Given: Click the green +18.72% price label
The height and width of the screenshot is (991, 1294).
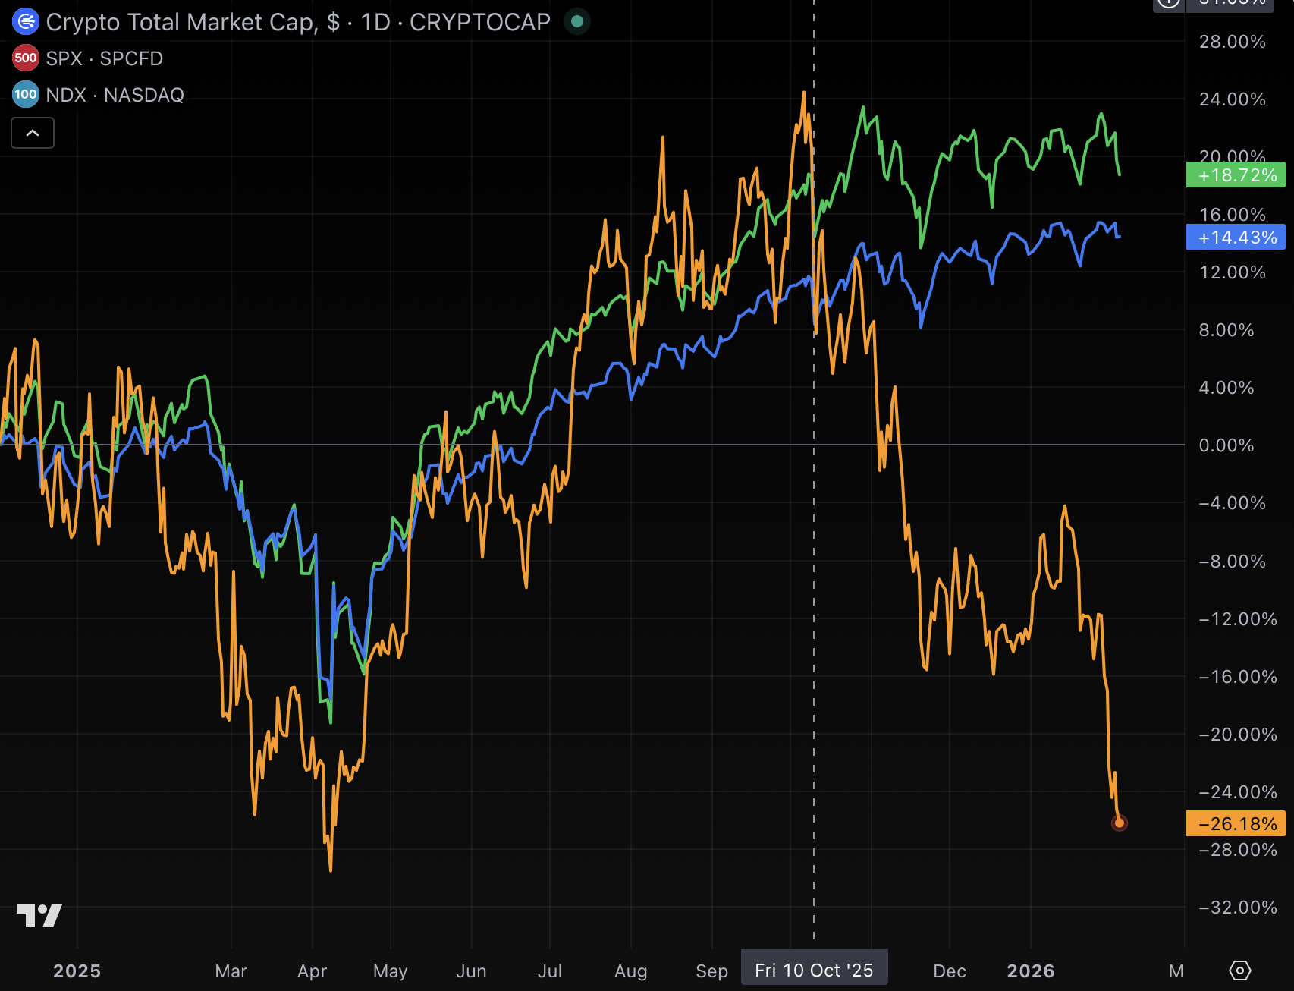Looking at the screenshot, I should pyautogui.click(x=1236, y=175).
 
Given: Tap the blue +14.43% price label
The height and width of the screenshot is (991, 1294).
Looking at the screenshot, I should pyautogui.click(x=1236, y=238).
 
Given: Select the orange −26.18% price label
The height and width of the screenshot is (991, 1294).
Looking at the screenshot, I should pyautogui.click(x=1236, y=823).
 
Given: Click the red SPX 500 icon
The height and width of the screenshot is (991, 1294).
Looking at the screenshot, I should pyautogui.click(x=26, y=58).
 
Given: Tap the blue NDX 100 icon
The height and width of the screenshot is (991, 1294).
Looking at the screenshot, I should pyautogui.click(x=26, y=95).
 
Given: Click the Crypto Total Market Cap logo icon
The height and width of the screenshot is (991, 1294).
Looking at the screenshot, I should pyautogui.click(x=26, y=22).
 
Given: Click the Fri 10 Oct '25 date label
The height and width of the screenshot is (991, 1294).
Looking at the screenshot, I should pyautogui.click(x=814, y=971).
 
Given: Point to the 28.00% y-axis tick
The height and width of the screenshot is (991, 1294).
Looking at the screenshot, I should pyautogui.click(x=1232, y=42).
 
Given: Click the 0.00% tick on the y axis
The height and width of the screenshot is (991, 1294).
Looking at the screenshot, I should pyautogui.click(x=1226, y=445).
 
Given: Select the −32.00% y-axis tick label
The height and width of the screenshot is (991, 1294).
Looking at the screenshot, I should pyautogui.click(x=1237, y=908).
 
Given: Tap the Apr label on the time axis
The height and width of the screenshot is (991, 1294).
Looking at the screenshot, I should pyautogui.click(x=312, y=971).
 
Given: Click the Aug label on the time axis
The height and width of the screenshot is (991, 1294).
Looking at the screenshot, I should pyautogui.click(x=630, y=971).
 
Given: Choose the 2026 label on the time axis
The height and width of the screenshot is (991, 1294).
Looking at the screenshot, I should pyautogui.click(x=1030, y=971).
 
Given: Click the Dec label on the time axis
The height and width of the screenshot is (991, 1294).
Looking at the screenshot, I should pyautogui.click(x=949, y=971).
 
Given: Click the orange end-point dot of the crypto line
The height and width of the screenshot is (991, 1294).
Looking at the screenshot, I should pyautogui.click(x=1120, y=823).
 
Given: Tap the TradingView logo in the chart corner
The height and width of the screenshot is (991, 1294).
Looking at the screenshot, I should pyautogui.click(x=39, y=916).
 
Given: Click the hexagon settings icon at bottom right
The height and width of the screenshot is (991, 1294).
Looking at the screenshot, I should pyautogui.click(x=1239, y=971).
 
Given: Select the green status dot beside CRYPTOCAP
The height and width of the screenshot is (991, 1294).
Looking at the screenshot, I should pyautogui.click(x=577, y=22).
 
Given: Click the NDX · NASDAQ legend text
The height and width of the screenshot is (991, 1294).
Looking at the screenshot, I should pyautogui.click(x=115, y=95).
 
